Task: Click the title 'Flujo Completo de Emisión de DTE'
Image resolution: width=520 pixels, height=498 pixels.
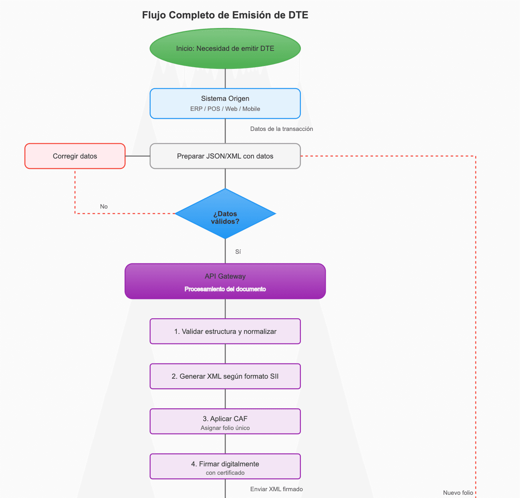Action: (x=225, y=15)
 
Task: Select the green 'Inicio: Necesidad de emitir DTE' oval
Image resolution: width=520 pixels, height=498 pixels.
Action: (x=225, y=48)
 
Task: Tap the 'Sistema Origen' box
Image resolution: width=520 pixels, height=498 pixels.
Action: (x=225, y=99)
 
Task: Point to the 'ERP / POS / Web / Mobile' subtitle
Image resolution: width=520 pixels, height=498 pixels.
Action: (x=225, y=109)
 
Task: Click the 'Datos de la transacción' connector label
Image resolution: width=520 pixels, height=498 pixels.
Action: (x=281, y=129)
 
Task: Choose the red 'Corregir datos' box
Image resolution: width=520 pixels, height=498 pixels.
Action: (x=75, y=156)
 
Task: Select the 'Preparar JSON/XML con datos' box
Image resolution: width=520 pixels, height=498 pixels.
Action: (x=225, y=156)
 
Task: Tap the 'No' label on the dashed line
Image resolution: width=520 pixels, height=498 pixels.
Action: (x=104, y=207)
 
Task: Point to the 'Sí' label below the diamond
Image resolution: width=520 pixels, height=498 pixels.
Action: (x=238, y=252)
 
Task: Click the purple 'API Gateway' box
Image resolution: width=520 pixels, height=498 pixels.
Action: (x=225, y=276)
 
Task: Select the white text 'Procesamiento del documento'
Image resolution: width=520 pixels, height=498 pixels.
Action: (x=225, y=289)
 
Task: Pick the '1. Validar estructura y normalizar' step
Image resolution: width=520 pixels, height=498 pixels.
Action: (x=225, y=331)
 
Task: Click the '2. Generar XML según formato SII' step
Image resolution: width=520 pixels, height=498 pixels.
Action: (x=225, y=376)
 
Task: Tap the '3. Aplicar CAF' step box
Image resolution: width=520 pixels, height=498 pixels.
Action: (x=225, y=419)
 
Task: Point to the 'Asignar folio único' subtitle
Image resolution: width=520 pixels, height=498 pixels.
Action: (x=225, y=428)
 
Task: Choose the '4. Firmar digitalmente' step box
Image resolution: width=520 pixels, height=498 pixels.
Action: (x=225, y=464)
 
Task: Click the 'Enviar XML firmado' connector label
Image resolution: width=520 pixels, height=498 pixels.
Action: (x=276, y=489)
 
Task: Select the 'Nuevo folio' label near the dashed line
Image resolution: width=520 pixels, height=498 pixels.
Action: (x=458, y=493)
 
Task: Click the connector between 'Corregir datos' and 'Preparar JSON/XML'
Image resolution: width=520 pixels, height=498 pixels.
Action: (x=137, y=156)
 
